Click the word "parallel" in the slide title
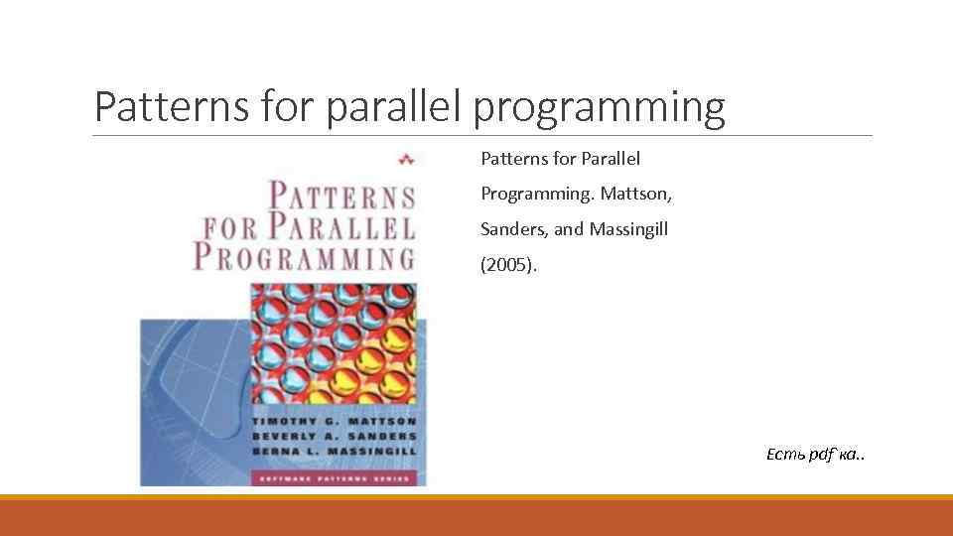coord(394,108)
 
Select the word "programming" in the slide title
coord(599,108)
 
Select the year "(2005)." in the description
coord(508,265)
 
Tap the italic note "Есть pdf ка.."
coord(815,455)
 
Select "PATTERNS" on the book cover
coord(343,196)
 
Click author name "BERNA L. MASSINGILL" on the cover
coord(338,452)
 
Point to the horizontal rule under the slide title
coord(482,136)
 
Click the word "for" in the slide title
coord(290,107)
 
